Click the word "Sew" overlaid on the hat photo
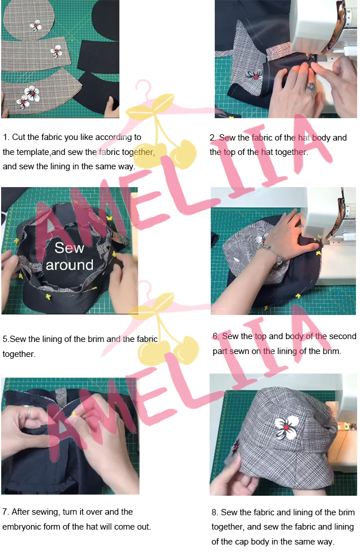coord(69,248)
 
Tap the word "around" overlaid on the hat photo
coord(69,265)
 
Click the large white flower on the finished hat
coord(287,427)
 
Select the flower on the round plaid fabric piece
coord(36,26)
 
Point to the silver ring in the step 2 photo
coord(311,86)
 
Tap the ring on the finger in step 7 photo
coord(27,410)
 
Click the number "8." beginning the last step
coord(215,512)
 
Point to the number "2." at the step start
coord(213,138)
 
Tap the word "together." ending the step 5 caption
coord(19,354)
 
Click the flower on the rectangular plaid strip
coord(56,52)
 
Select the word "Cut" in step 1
coord(18,137)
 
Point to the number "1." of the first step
coord(6,137)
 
